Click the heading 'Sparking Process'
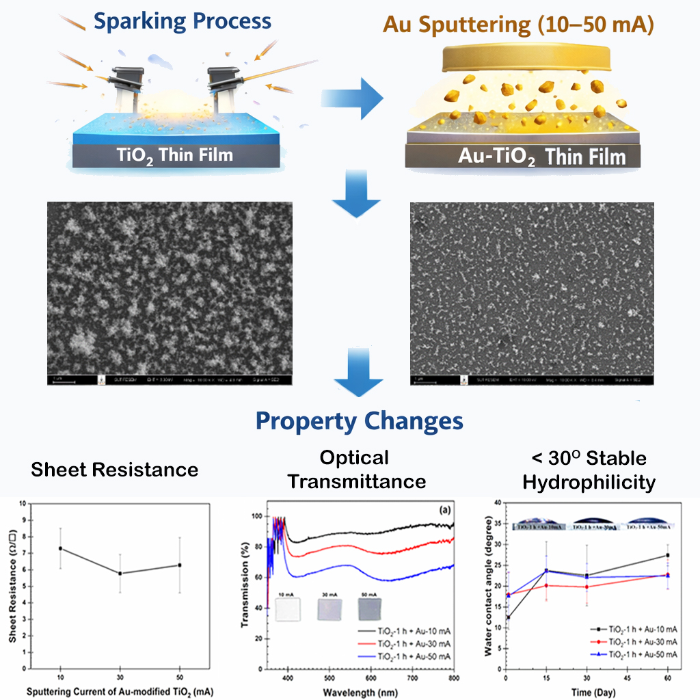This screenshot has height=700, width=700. (183, 21)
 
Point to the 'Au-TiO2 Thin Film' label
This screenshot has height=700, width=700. (541, 157)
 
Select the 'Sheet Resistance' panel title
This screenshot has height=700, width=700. (115, 470)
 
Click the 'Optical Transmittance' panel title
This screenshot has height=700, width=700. (356, 469)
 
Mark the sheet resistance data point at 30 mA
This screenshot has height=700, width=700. (120, 573)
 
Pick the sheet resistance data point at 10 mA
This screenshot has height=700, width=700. (61, 548)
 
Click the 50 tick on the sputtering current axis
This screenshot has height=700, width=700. (180, 677)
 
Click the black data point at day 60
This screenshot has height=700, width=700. (667, 555)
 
